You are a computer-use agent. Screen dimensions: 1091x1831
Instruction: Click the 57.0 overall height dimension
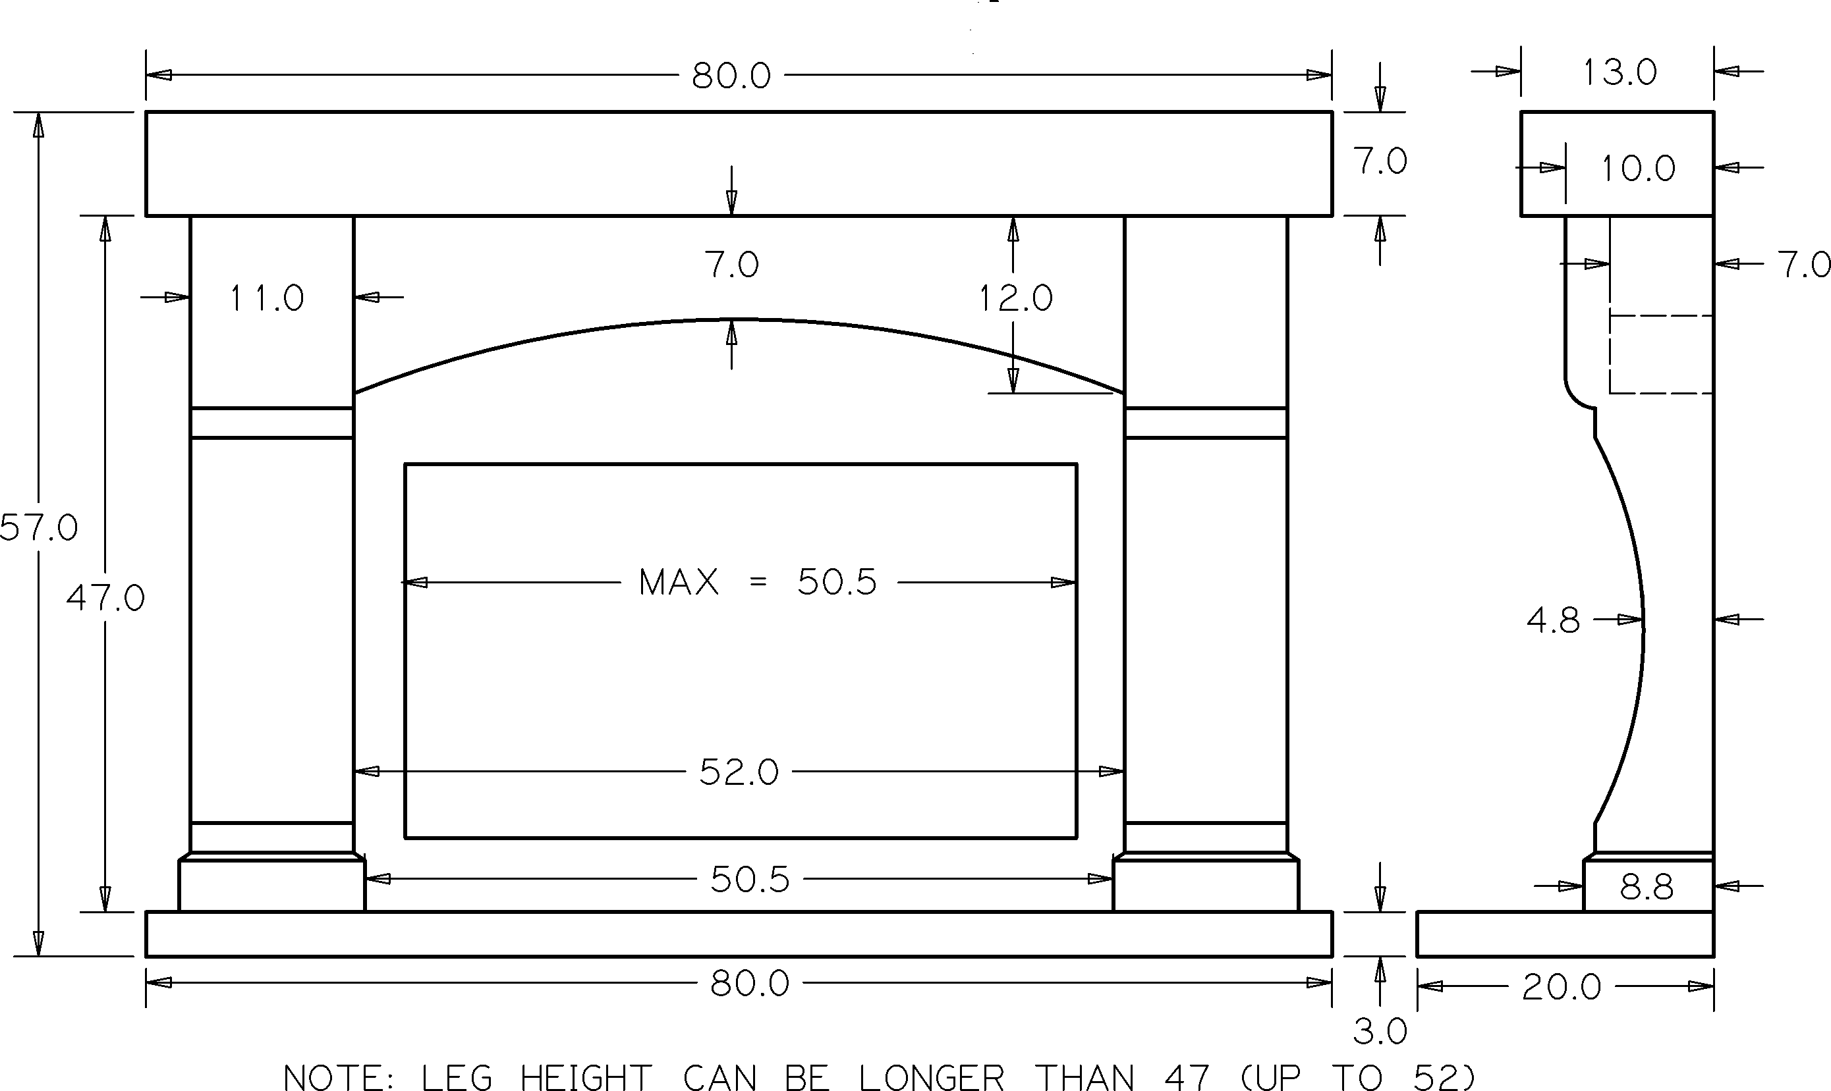(38, 528)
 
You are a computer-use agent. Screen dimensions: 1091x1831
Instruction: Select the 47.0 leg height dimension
(105, 599)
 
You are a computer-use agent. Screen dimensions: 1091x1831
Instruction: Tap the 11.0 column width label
(266, 298)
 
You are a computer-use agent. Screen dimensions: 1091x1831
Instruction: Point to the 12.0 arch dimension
(1015, 298)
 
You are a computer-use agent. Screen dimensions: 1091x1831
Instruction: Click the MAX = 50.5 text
(758, 583)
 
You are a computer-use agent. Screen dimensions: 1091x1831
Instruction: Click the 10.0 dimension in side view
(1638, 169)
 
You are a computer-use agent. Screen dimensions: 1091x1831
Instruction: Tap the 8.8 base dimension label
(1647, 888)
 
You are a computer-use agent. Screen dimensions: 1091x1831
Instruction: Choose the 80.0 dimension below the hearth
(750, 984)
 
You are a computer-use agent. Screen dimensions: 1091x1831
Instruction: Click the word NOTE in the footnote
(339, 1077)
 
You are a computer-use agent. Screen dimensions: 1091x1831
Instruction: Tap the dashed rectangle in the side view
(1661, 354)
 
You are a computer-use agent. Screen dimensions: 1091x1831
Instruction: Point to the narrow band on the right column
(1206, 423)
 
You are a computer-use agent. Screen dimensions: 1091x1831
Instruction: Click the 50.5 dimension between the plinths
(750, 879)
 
